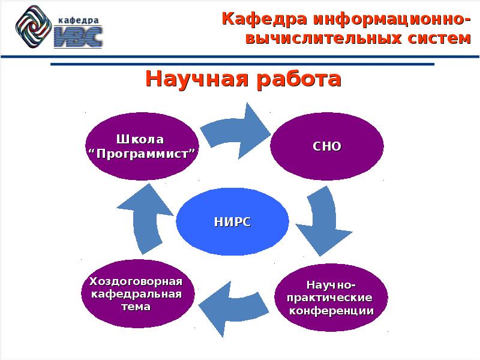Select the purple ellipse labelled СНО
point(327,146)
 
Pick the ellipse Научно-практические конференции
point(331,298)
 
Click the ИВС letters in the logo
point(78,36)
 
